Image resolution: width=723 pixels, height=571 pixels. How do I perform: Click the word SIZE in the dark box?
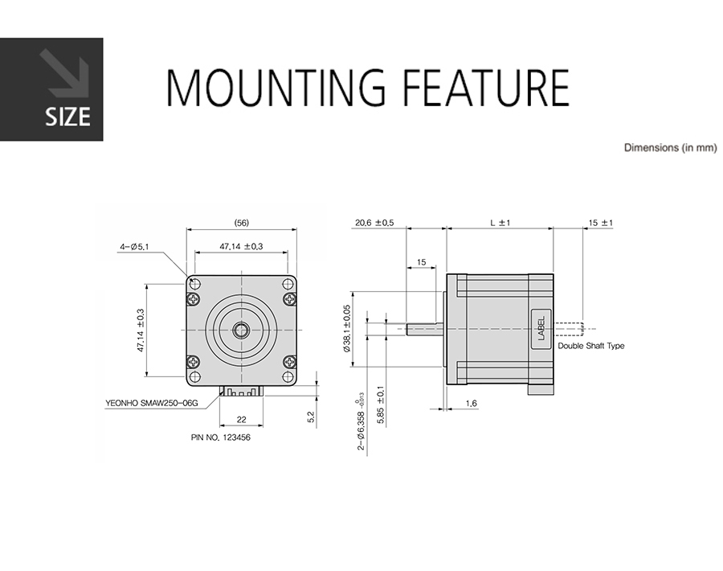coord(67,117)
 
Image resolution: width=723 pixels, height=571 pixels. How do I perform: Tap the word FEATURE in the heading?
coord(486,88)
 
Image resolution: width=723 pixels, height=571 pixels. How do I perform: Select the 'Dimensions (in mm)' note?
coord(671,148)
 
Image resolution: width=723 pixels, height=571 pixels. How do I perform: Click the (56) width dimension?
coord(241,223)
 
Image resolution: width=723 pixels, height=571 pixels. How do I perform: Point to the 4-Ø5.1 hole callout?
coord(134,247)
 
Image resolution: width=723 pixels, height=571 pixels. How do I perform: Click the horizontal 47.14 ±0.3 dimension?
coord(241,246)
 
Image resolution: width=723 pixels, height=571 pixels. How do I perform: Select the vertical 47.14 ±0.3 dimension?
coord(141,330)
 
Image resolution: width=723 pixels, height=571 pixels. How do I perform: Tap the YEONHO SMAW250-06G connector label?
coord(151,403)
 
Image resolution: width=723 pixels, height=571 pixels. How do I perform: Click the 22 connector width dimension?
coord(241,420)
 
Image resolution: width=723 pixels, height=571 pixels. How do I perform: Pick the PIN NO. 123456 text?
coord(221,437)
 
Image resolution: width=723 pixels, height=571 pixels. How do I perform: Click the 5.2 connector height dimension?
coord(311,417)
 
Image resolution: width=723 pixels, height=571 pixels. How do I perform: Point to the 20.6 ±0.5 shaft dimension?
coord(374,223)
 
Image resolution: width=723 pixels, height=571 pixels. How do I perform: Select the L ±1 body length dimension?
coord(500,223)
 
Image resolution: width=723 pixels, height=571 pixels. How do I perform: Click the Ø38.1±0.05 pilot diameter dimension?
coord(347,328)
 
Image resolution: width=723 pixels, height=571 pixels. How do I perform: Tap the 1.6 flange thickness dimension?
coord(471,404)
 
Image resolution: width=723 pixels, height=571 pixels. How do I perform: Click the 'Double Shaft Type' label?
coord(591,346)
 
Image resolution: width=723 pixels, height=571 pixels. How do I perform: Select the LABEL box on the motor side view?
coord(541,329)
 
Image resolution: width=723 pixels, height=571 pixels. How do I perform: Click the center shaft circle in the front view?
coord(241,330)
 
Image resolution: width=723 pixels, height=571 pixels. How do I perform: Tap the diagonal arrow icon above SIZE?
coord(64,73)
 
